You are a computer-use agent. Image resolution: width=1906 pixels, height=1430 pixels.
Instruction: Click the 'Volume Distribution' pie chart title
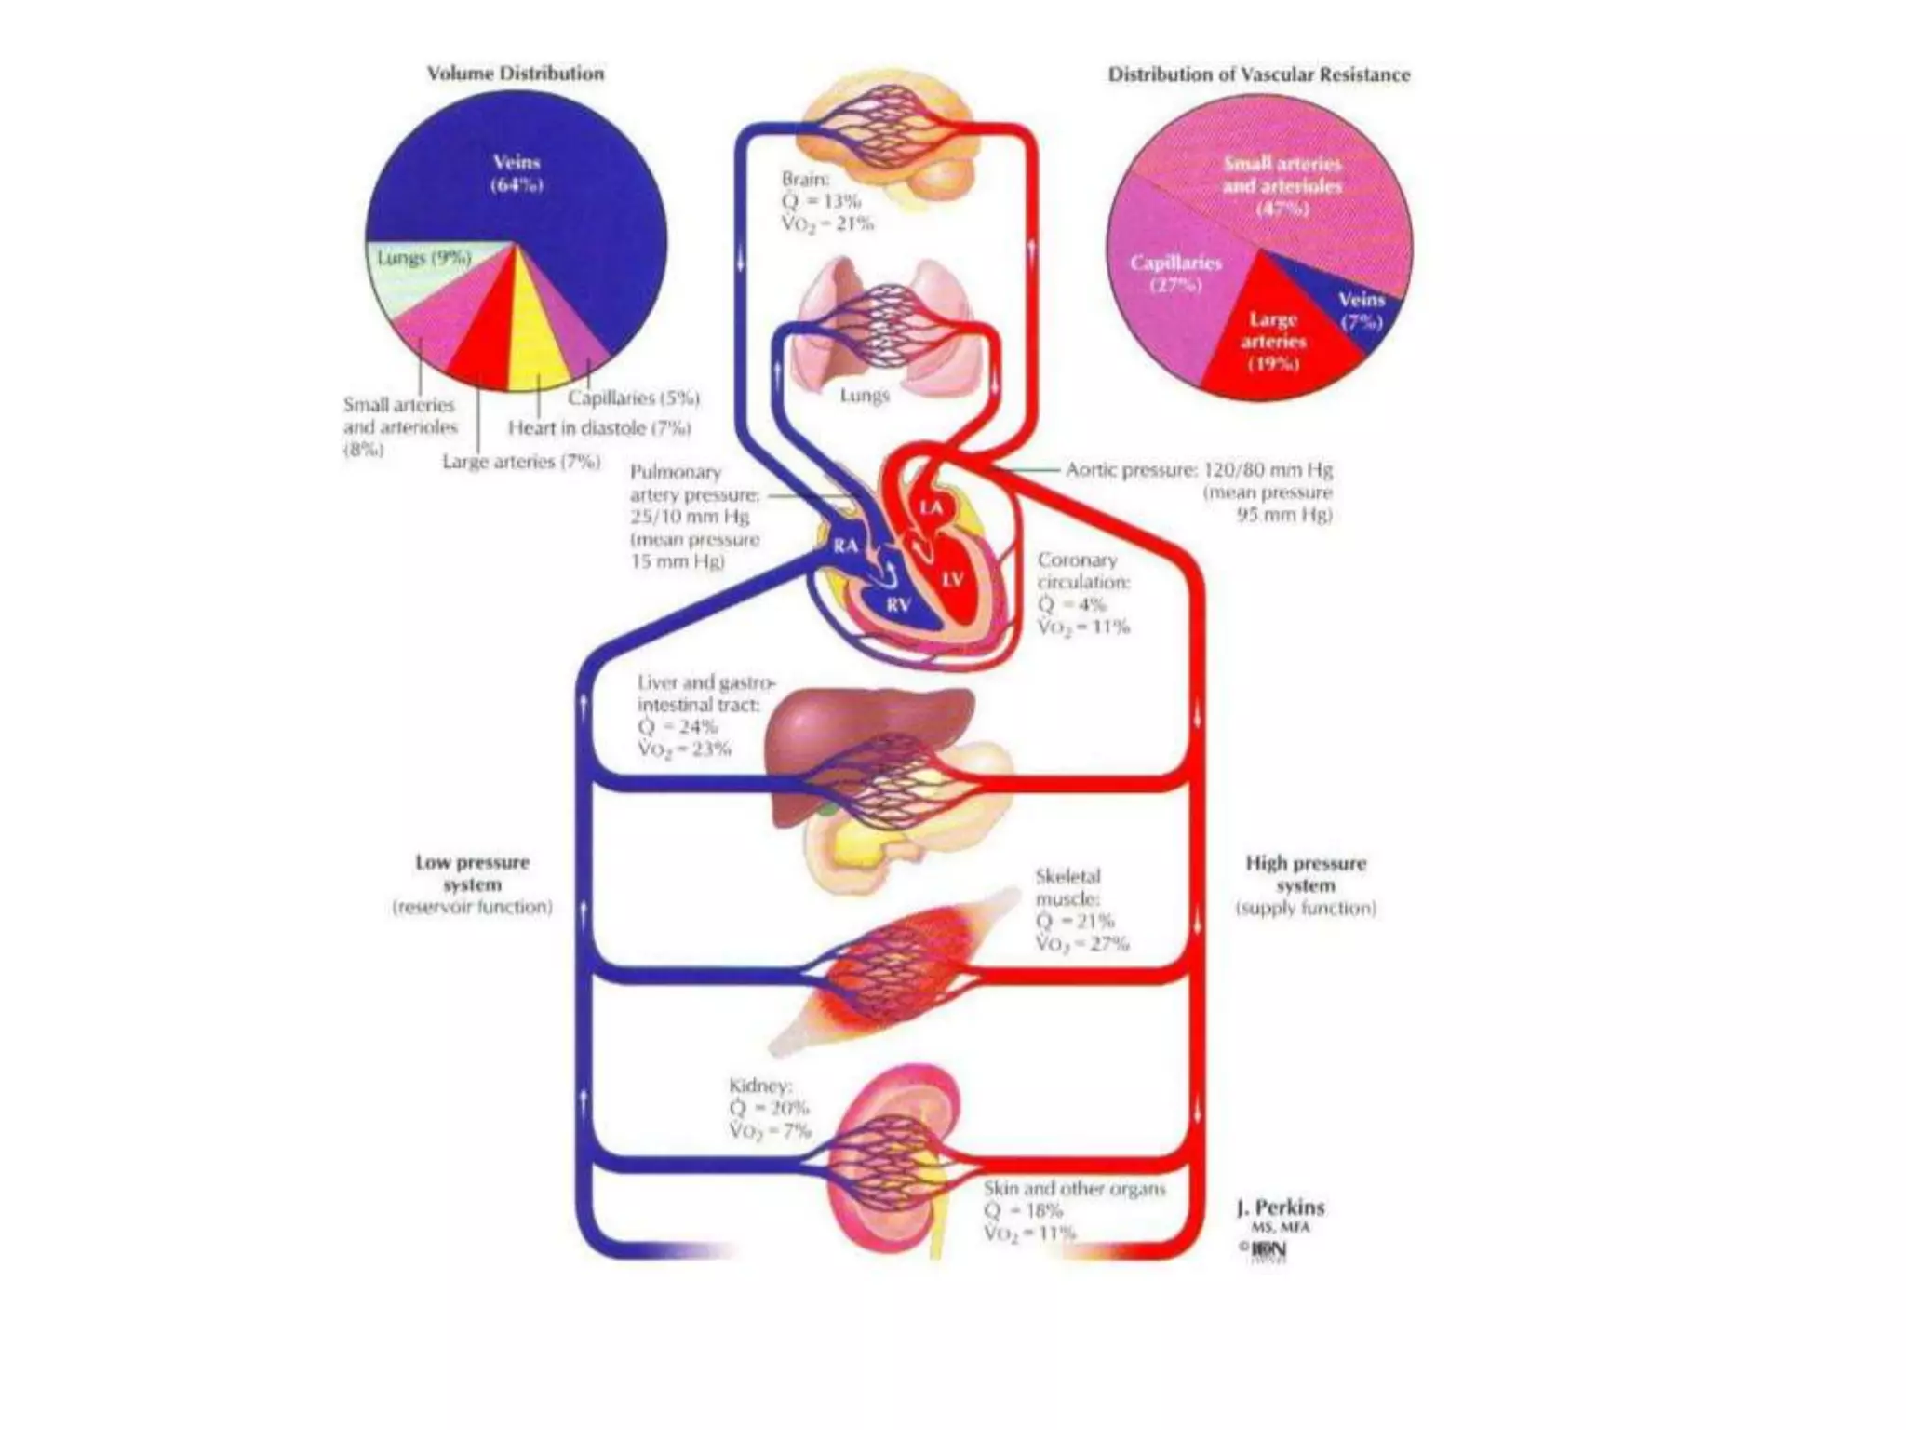coord(515,74)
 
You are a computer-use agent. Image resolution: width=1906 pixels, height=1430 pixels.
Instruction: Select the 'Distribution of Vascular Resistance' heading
coord(1258,74)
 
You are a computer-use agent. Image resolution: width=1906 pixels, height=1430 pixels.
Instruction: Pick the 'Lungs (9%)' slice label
coord(423,258)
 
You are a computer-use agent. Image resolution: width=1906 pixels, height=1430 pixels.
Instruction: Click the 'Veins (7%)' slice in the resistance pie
coord(1360,312)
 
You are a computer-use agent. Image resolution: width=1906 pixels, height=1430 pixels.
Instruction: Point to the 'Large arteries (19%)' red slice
coord(1272,341)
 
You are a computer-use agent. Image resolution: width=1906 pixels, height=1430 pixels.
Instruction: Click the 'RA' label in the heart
coord(845,546)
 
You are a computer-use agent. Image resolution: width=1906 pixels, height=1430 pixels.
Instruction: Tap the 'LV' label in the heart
coord(952,579)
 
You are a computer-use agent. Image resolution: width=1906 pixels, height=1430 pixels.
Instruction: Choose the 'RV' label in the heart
coord(897,605)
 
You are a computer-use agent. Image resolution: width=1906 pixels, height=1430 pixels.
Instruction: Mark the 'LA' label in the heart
coord(931,507)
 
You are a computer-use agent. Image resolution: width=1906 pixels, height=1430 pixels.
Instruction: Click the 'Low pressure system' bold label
coord(472,873)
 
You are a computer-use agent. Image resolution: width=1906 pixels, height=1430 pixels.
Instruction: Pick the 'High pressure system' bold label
coord(1305,874)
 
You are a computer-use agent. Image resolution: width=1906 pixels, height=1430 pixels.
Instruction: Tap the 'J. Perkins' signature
coord(1280,1207)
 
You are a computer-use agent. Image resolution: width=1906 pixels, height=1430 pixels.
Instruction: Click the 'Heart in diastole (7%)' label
coord(598,428)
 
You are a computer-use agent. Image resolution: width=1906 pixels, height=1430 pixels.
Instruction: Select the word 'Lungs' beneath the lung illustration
coord(864,395)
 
